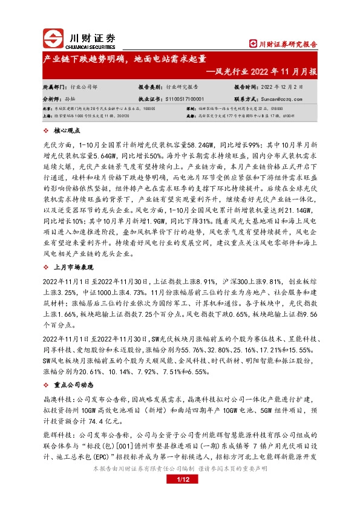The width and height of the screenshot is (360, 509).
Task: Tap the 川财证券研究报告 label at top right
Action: [x=283, y=43]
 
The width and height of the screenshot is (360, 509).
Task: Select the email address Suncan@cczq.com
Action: [x=281, y=97]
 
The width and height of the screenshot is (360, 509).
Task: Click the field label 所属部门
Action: [x=53, y=86]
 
